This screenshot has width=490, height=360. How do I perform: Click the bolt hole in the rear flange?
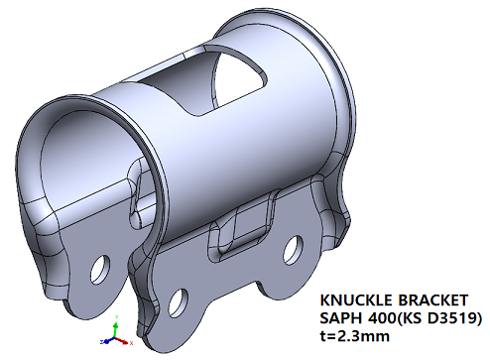pyautogui.click(x=98, y=268)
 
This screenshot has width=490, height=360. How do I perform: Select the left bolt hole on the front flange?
pyautogui.click(x=180, y=298)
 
